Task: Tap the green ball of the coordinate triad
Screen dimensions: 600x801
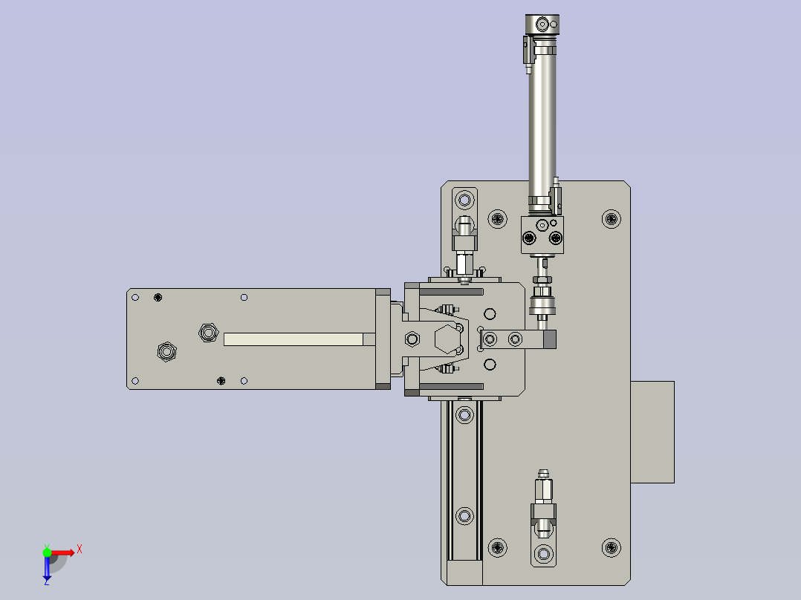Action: point(47,552)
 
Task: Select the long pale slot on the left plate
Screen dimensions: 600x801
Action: point(293,339)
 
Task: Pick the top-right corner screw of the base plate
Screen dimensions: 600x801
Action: point(611,218)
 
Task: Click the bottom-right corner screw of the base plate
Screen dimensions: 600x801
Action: point(611,548)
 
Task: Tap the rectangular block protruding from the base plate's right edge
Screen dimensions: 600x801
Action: point(652,431)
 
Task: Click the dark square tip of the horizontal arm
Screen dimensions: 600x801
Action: point(549,339)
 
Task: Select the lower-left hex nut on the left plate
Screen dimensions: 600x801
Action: point(166,350)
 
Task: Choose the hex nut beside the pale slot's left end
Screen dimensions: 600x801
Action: point(207,331)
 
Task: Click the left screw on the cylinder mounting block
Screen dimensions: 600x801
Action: point(529,238)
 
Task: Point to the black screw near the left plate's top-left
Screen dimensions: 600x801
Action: point(158,298)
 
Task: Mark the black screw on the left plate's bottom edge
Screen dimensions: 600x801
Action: point(221,381)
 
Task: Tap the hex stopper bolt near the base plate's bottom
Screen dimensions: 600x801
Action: point(543,491)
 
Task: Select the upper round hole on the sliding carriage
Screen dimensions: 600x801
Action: point(489,313)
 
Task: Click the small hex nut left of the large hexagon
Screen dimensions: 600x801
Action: point(412,339)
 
